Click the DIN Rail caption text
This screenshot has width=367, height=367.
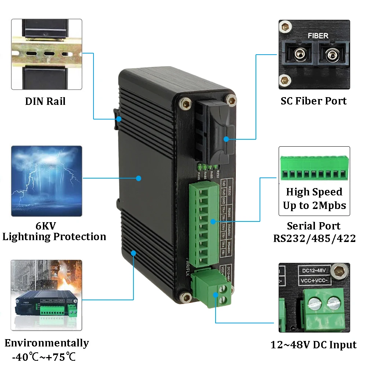point(45,101)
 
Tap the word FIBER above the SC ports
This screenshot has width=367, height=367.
point(318,36)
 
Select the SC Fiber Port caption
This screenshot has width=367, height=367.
point(313,101)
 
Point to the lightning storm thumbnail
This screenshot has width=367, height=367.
point(47,181)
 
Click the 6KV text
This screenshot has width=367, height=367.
point(46,225)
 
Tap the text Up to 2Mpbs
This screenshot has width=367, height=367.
point(314,205)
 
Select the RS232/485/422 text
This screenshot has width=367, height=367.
point(314,238)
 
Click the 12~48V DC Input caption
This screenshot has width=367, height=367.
point(313,345)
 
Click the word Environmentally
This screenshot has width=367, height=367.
point(47,343)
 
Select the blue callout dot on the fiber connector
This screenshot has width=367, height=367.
point(226,139)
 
